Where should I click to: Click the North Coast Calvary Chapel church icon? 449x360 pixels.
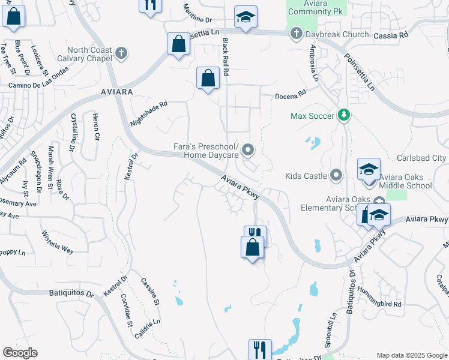tap(121, 53)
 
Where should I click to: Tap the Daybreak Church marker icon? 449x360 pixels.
tap(295, 34)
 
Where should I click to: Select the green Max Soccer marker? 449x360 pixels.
tap(343, 115)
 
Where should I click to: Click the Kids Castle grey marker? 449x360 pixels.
tap(336, 176)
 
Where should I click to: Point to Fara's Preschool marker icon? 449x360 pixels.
tap(247, 149)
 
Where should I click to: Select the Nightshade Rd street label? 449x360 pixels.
tap(148, 113)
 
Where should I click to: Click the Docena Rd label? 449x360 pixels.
tap(291, 94)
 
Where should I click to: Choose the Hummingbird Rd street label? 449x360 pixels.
tap(379, 296)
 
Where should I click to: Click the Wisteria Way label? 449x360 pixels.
tap(57, 241)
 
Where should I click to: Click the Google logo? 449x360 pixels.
tap(19, 353)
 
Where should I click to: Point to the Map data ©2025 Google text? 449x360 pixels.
tap(411, 355)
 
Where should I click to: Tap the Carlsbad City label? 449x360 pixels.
tap(422, 158)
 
